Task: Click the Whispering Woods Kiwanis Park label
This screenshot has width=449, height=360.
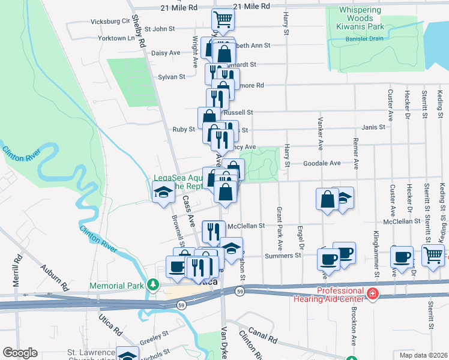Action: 360,19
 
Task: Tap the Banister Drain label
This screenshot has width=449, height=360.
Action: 365,40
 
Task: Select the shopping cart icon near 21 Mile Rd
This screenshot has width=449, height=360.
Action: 223,19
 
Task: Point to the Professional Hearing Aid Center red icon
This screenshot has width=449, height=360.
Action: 373,294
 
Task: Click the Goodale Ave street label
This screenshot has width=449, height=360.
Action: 322,163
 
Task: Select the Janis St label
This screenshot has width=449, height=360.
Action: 373,127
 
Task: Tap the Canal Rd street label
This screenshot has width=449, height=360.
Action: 265,335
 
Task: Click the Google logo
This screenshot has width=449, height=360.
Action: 20,353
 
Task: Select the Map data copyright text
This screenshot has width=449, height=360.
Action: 423,355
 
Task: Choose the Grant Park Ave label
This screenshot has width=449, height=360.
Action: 280,229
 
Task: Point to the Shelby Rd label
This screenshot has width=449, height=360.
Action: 139,31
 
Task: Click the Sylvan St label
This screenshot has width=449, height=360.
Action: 171,77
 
